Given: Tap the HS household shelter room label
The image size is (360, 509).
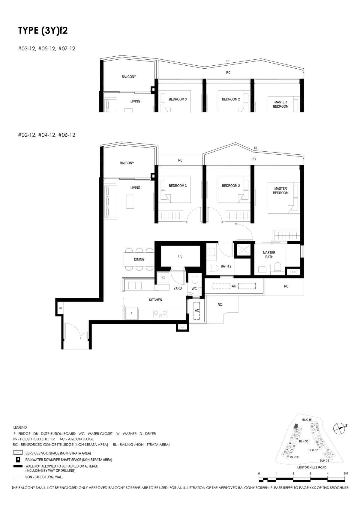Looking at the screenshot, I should click(x=180, y=256).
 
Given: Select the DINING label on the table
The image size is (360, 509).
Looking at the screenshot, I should click(x=139, y=260).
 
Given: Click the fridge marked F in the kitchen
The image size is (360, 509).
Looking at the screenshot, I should click(x=131, y=313).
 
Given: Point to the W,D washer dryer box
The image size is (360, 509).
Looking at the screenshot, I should click(x=163, y=278).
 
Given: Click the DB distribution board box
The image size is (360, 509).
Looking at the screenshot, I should click(x=60, y=308).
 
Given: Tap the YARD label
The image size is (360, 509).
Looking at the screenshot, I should click(x=178, y=288).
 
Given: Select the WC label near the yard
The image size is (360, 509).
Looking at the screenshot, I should click(x=194, y=289).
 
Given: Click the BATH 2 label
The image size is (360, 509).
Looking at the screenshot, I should click(x=226, y=266).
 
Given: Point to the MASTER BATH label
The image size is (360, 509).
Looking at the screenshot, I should click(x=269, y=255).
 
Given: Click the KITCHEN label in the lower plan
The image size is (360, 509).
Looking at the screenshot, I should click(x=155, y=300).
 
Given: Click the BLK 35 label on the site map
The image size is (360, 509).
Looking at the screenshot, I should click(x=307, y=420).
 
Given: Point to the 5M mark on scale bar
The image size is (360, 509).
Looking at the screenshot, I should click(x=346, y=473).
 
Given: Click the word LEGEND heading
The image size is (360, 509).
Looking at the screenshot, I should click(x=20, y=427).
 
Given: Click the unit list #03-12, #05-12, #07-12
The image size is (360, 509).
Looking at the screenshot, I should click(x=46, y=49).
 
